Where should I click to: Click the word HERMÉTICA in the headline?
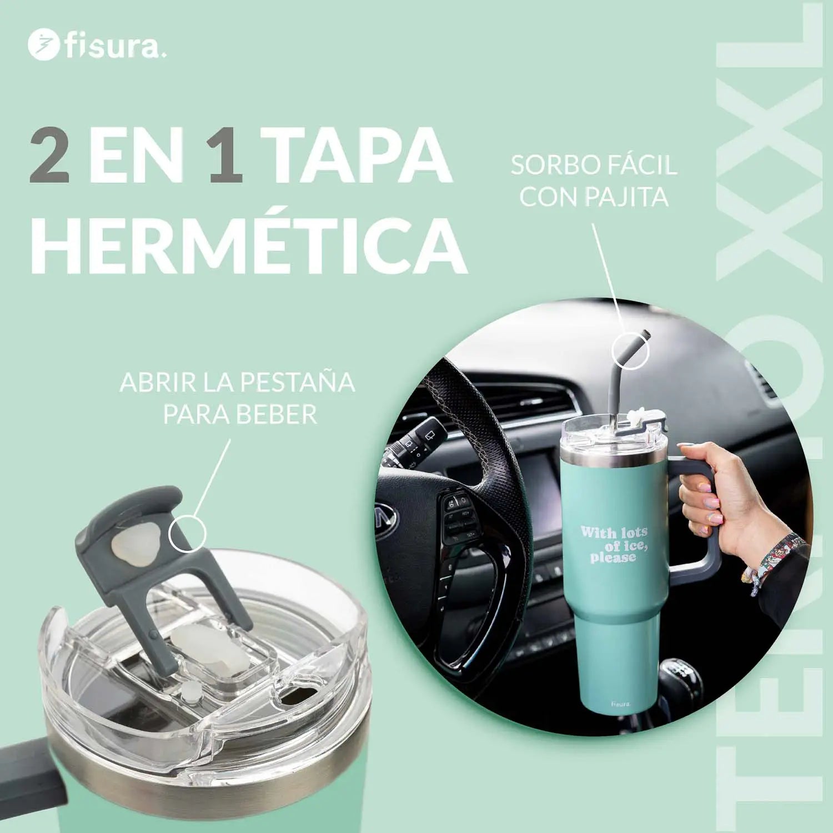point(248,247)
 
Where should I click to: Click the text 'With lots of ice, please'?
point(614,544)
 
